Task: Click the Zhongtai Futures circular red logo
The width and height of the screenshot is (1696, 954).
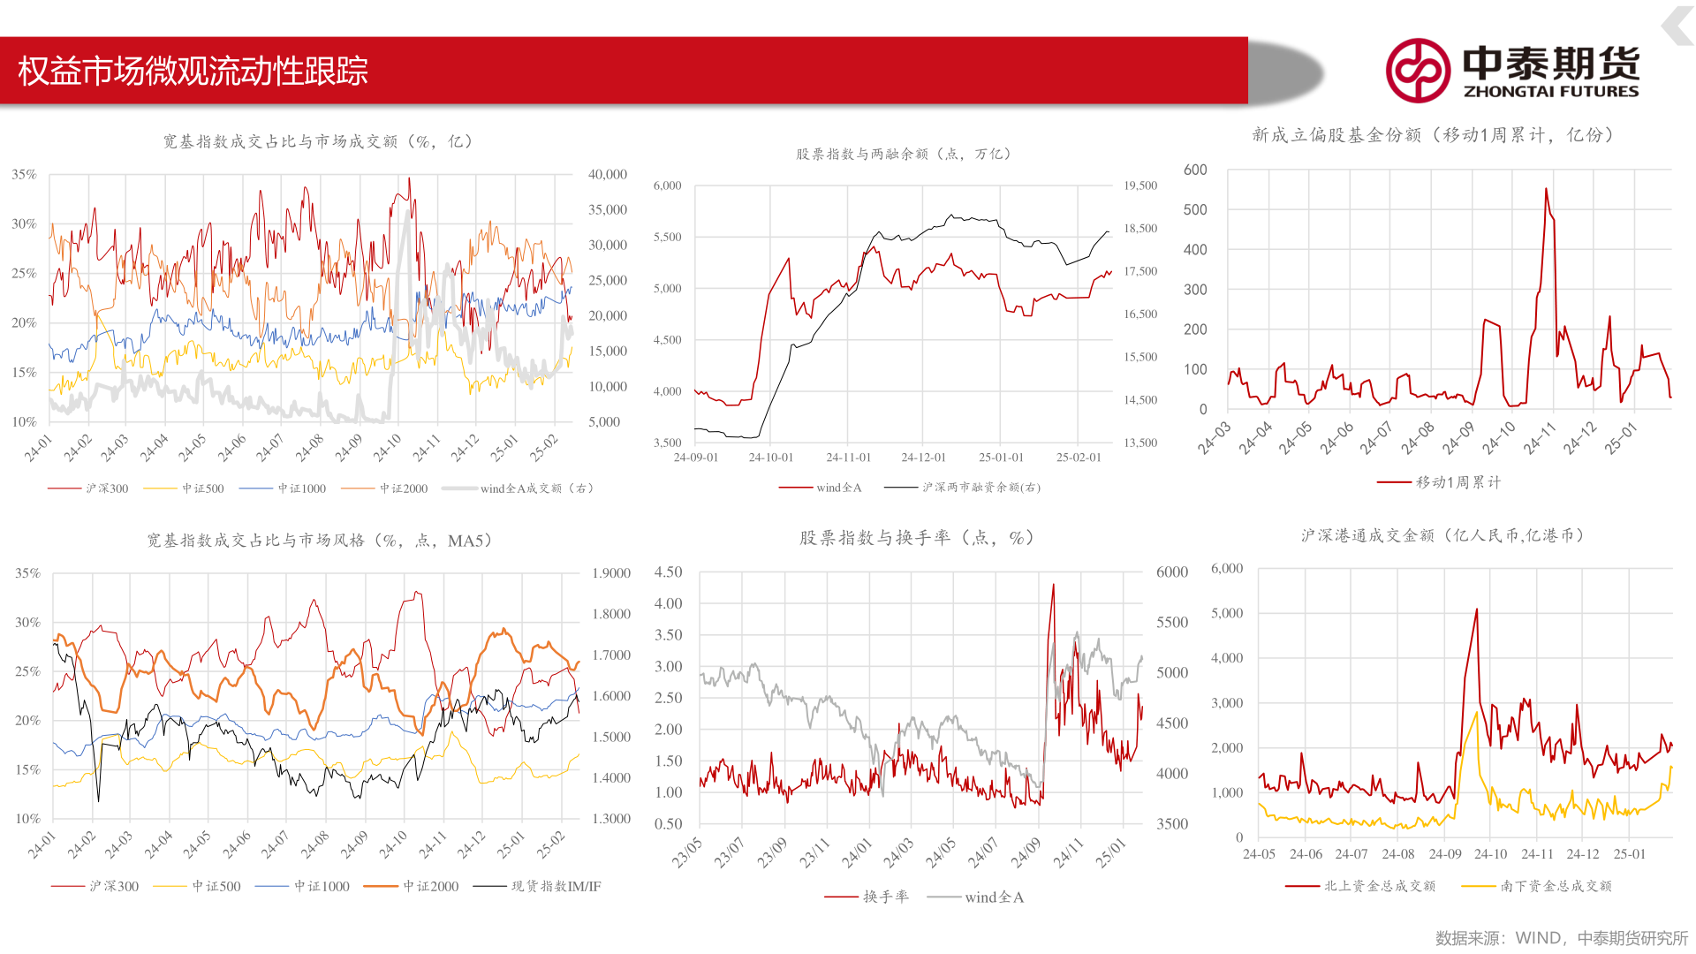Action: (x=1417, y=71)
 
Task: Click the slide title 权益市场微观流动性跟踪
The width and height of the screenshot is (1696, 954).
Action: (x=193, y=72)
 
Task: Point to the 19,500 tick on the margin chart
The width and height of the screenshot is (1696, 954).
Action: (x=1140, y=185)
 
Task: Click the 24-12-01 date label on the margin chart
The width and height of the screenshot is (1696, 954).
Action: (x=923, y=458)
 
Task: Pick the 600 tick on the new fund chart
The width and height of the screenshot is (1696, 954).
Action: (x=1194, y=170)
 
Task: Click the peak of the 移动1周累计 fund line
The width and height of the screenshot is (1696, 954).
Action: (x=1546, y=188)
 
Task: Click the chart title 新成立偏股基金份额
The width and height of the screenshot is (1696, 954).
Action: (x=1432, y=135)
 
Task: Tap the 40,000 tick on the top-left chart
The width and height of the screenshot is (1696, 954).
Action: (x=608, y=175)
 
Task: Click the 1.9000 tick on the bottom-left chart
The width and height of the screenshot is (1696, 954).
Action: (x=611, y=573)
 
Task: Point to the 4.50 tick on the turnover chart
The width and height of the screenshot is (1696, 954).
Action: (x=668, y=572)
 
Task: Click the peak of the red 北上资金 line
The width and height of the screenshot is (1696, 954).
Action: (x=1476, y=609)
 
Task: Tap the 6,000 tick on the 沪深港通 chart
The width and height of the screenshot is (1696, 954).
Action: (x=1227, y=569)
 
